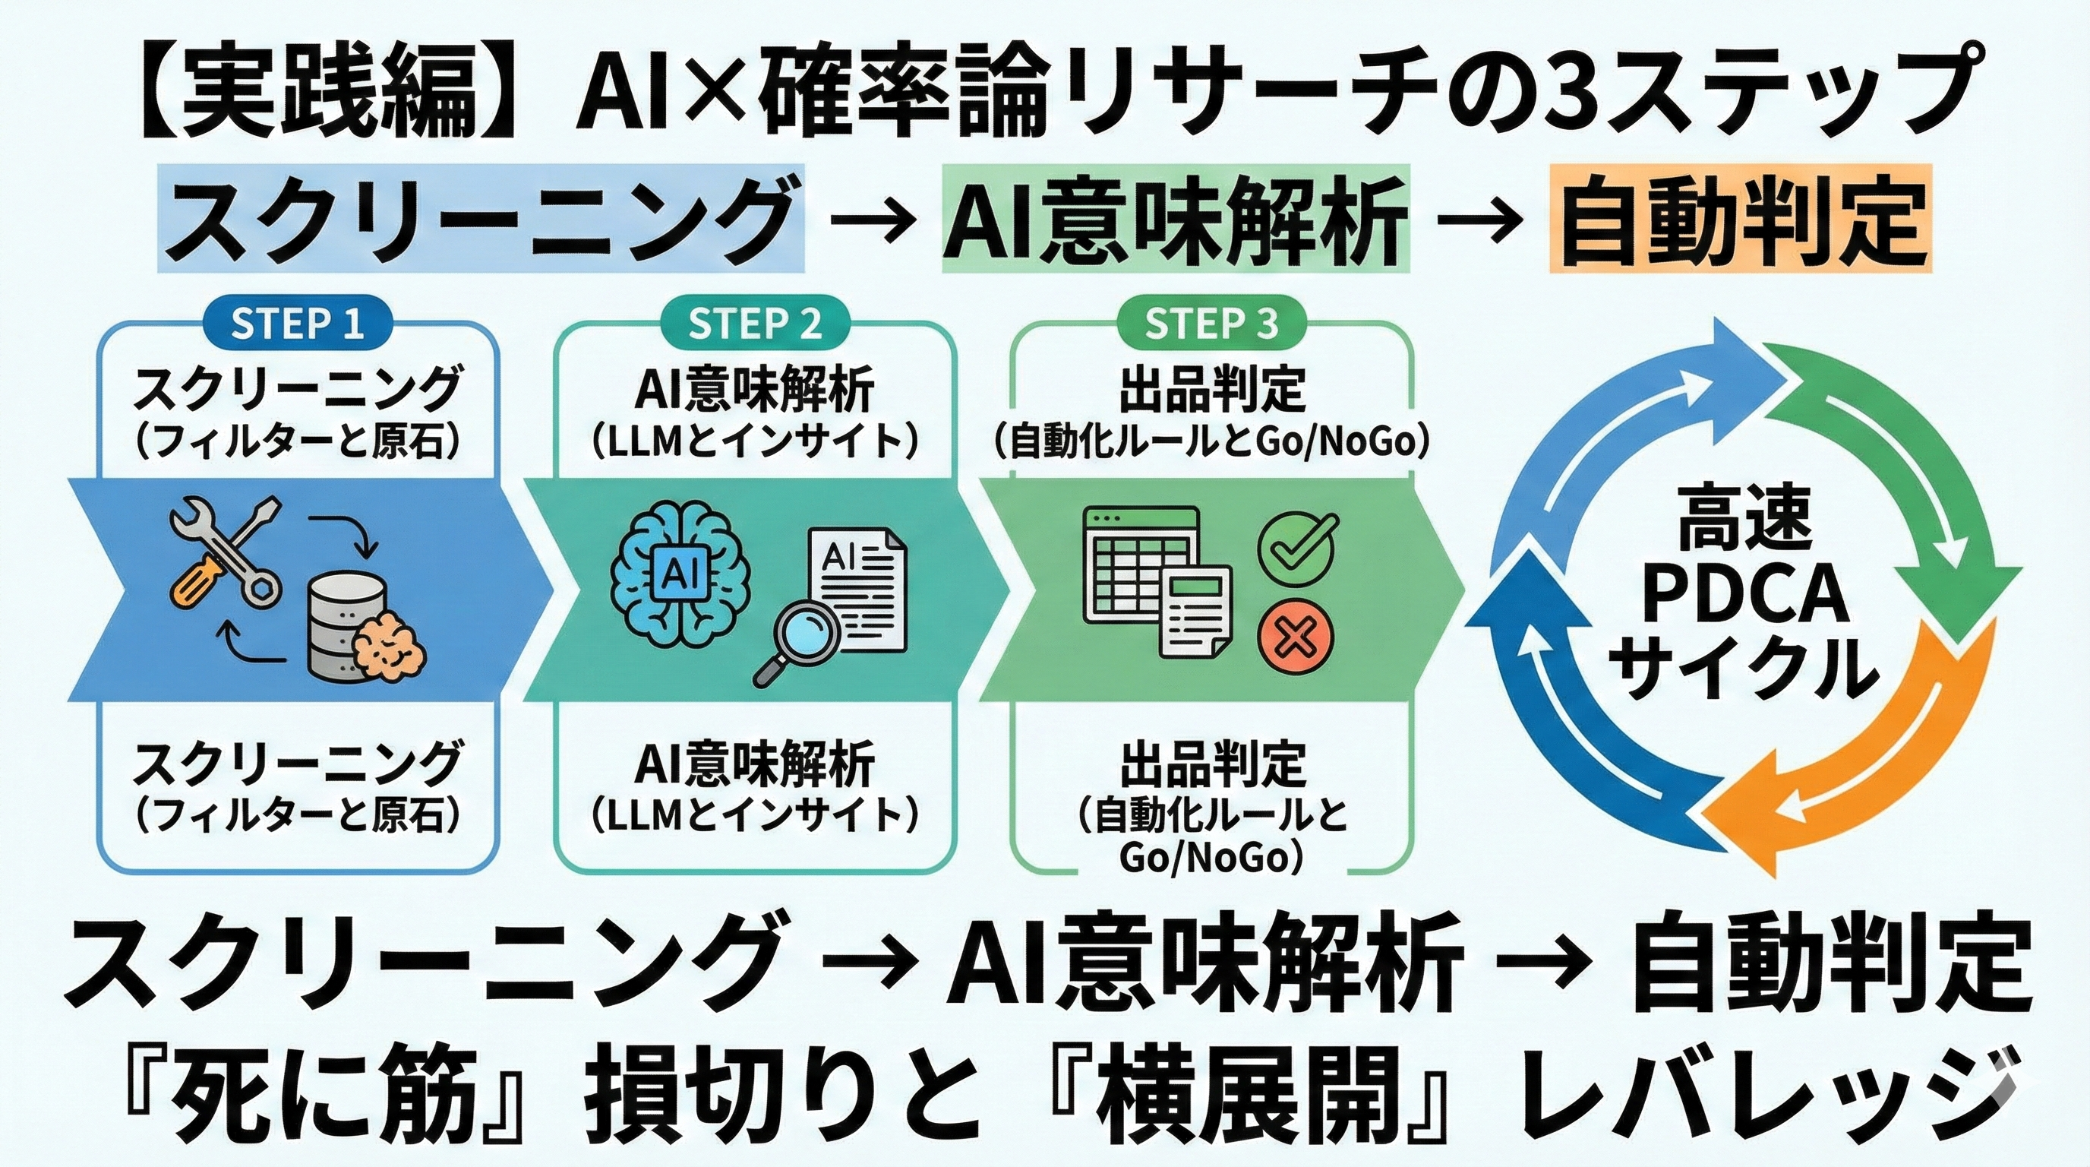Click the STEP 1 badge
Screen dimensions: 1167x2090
tap(297, 324)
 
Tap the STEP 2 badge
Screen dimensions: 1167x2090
tap(755, 324)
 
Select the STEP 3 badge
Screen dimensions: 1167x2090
tap(1211, 324)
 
